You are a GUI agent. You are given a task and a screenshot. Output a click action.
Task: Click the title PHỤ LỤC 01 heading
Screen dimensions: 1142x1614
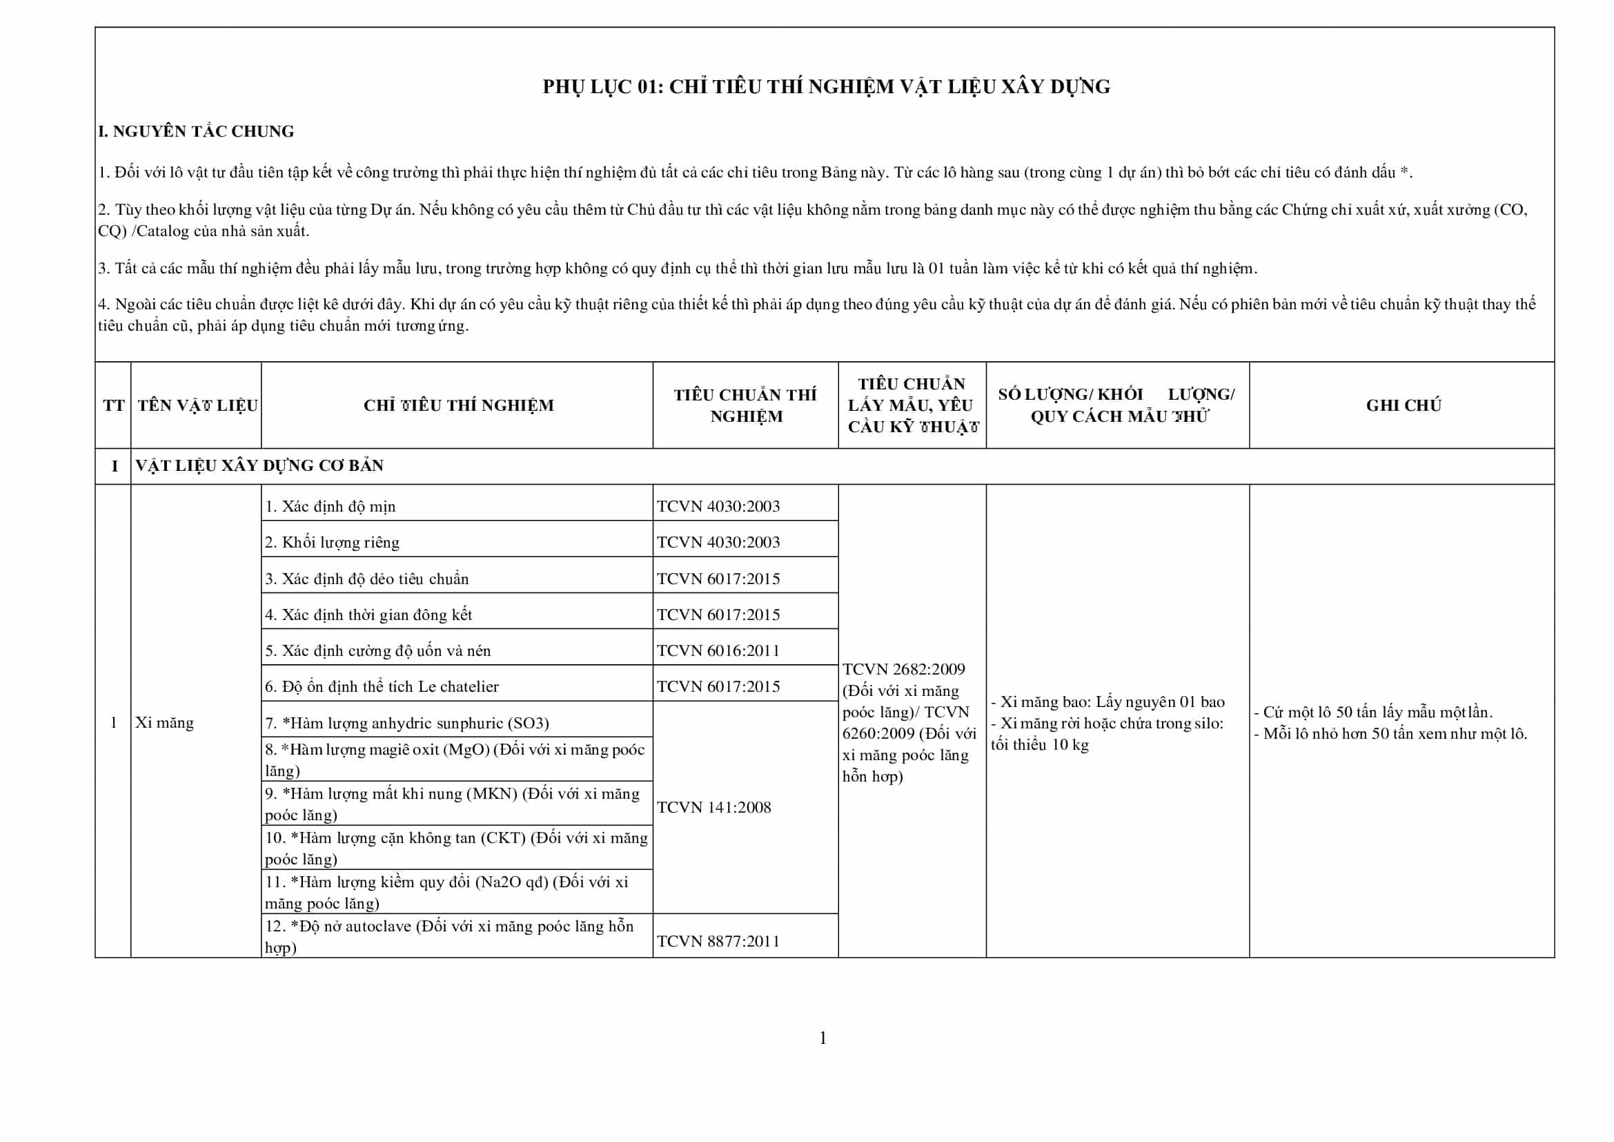[826, 86]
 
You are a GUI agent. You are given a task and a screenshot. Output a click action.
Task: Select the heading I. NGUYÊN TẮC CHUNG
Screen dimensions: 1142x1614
[196, 131]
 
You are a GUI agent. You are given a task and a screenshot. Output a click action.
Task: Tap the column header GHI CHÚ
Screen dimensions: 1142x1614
[1403, 405]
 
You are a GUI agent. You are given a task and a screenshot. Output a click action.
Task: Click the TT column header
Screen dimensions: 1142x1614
[113, 405]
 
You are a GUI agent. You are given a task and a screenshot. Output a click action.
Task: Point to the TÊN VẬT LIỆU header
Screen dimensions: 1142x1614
[197, 405]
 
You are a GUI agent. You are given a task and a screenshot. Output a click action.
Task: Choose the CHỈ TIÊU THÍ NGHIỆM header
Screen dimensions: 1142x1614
[457, 405]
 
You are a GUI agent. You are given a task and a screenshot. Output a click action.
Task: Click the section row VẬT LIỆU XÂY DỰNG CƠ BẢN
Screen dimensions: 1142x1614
[259, 465]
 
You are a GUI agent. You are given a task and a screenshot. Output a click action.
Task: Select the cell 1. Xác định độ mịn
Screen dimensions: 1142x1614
[331, 506]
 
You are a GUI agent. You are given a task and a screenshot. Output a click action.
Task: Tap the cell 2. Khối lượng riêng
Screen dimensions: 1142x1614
[332, 542]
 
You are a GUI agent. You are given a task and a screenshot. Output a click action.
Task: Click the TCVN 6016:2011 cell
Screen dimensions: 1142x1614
[718, 650]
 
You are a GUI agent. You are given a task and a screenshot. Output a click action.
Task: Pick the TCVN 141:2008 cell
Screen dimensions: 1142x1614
[713, 807]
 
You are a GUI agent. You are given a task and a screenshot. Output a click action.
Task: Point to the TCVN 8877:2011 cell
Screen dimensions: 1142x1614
[718, 941]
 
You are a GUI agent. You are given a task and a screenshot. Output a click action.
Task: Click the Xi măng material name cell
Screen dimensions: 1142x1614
[164, 722]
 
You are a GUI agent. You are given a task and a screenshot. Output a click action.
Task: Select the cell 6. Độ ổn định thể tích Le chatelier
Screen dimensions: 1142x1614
[382, 686]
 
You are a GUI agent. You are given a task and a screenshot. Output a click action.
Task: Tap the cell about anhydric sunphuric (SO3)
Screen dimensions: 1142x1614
[407, 723]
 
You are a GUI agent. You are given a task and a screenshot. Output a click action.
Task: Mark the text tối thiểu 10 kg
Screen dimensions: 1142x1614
[1040, 745]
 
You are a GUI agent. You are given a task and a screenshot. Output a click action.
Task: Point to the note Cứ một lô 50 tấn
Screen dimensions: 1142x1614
[1373, 712]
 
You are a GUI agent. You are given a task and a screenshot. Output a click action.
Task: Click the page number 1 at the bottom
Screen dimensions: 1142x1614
[823, 1038]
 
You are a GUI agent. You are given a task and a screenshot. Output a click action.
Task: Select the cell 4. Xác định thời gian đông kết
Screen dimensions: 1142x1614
[368, 614]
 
